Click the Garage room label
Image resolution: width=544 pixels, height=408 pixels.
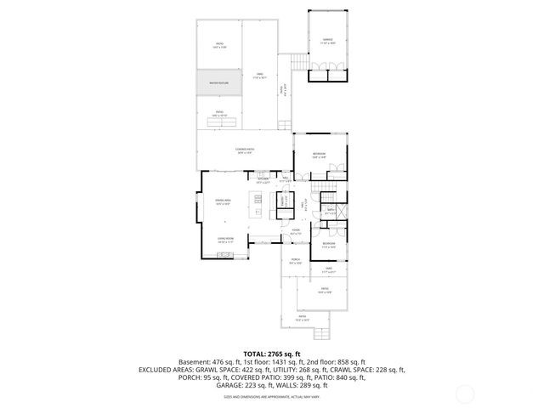click(327, 41)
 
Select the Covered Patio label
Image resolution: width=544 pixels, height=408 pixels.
click(245, 151)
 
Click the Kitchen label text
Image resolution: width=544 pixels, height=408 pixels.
click(263, 180)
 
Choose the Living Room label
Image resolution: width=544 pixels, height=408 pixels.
click(225, 241)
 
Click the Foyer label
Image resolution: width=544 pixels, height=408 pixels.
click(296, 231)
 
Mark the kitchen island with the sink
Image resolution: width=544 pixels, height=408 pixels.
click(256, 204)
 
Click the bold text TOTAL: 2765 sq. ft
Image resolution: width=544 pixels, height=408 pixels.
click(272, 354)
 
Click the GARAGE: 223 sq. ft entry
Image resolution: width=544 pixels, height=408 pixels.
click(216, 385)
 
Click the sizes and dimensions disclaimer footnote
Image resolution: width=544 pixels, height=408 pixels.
click(272, 396)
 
